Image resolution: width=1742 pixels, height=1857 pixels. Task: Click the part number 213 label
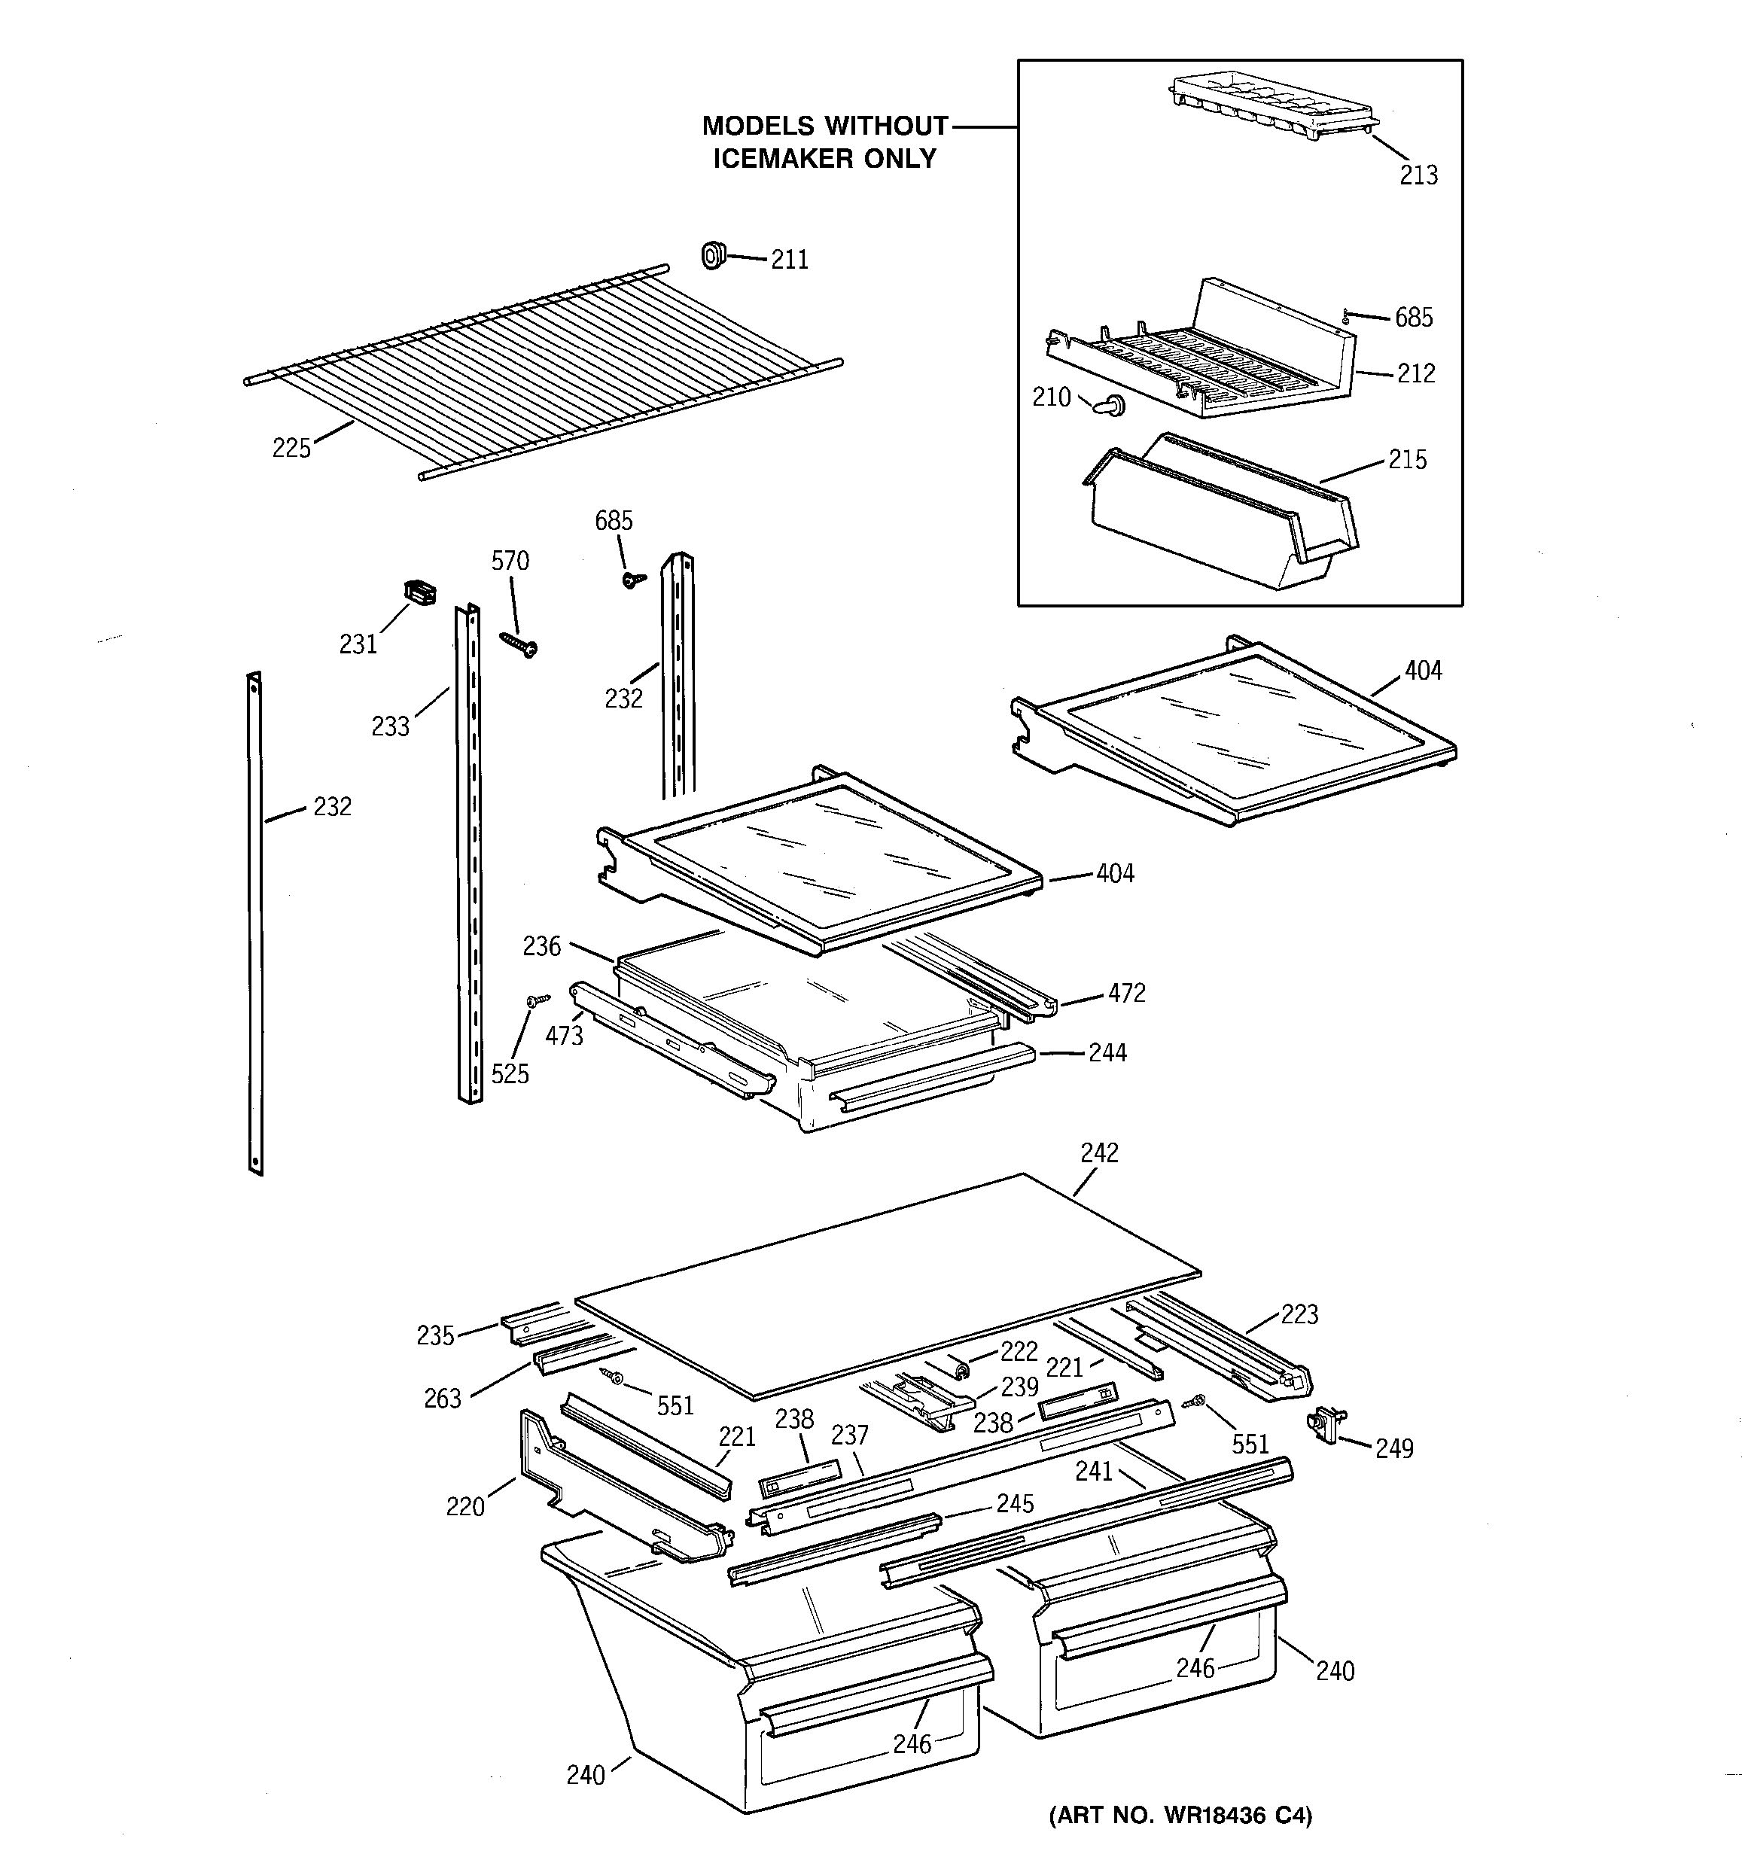(x=1418, y=175)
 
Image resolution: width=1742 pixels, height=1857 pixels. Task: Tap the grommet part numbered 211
(x=714, y=254)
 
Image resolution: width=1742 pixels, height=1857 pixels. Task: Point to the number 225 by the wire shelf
(x=291, y=449)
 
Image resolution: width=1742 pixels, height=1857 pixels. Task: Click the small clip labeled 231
(x=419, y=592)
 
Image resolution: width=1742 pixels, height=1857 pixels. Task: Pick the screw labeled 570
(x=519, y=644)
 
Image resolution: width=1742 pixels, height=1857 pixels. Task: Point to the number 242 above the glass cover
(x=1098, y=1152)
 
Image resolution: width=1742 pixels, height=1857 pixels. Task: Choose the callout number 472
(x=1125, y=993)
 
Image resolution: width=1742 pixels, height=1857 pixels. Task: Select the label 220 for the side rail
(x=464, y=1505)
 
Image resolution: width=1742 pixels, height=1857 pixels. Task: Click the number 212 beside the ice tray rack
(x=1415, y=373)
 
